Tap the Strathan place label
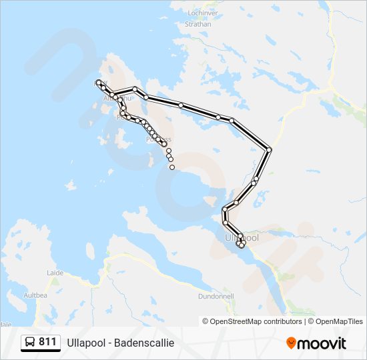click(198, 24)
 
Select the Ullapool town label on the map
click(242, 237)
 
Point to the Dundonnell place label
click(214, 296)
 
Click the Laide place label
click(55, 273)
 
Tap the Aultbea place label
click(35, 294)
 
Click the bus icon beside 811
click(30, 342)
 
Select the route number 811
click(47, 342)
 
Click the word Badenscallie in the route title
click(143, 343)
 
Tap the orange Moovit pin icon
click(291, 343)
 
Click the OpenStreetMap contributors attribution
click(252, 321)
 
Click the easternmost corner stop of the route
click(269, 149)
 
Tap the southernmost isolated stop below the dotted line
click(172, 167)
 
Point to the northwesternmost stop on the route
click(98, 82)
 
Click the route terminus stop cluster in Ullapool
click(241, 244)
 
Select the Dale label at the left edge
click(5, 324)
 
